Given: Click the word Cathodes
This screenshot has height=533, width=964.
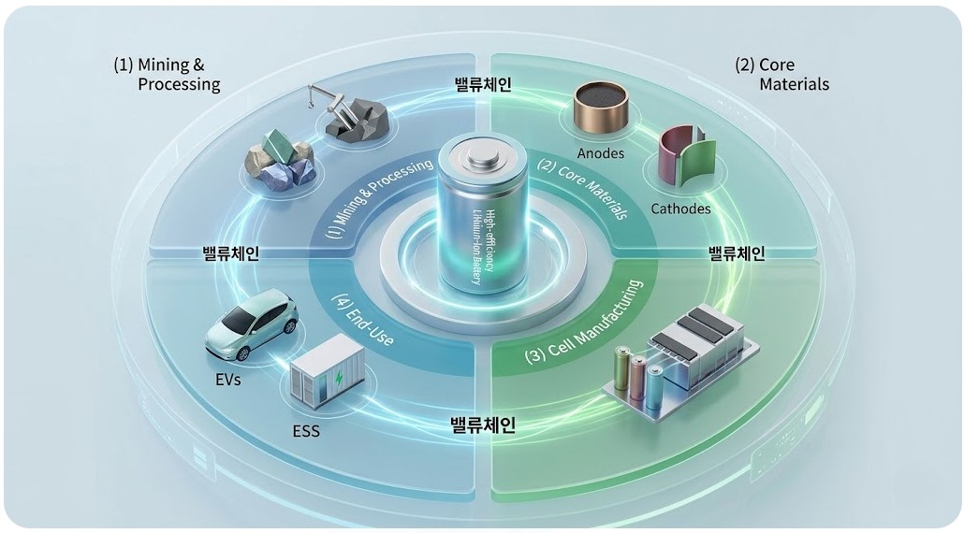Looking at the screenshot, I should coord(680,209).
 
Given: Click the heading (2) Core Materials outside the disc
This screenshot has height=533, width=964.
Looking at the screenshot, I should coord(781,75).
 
